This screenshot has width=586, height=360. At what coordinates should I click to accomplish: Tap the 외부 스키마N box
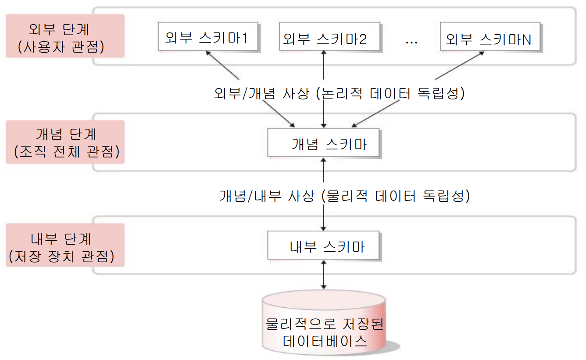489,39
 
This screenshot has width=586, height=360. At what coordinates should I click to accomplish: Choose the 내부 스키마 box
323,247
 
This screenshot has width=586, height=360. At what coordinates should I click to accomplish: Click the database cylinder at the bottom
324,324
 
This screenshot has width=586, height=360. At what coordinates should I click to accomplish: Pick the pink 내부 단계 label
65,246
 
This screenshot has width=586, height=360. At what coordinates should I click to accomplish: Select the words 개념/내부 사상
267,196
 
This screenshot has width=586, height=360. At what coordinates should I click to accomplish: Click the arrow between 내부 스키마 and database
324,275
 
